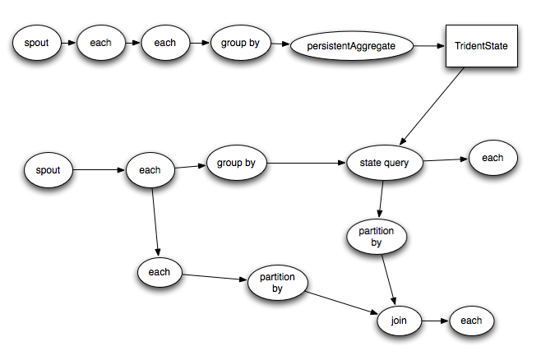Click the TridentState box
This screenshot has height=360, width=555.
click(482, 46)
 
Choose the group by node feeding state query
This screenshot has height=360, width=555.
click(236, 164)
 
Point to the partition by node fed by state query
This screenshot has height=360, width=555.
click(376, 237)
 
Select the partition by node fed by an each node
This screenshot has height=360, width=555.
click(277, 284)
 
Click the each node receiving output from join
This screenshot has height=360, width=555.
click(471, 321)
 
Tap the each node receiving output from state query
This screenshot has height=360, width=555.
click(493, 157)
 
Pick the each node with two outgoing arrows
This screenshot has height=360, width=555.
click(149, 171)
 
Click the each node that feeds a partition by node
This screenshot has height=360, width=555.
click(159, 272)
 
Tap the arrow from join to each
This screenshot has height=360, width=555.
click(436, 321)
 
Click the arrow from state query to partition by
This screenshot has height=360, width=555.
click(382, 201)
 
